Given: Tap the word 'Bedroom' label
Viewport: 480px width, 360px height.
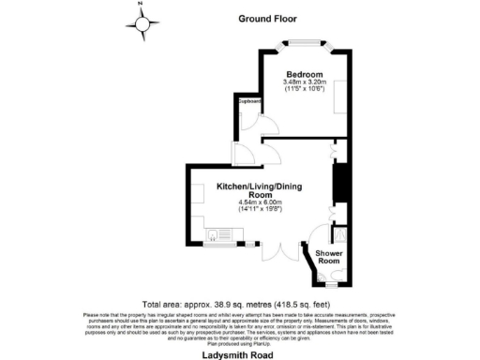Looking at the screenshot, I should coord(306,74).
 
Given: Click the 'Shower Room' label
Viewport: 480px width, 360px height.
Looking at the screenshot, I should coord(328,258).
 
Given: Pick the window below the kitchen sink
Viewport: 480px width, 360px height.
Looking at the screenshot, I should coord(221,246).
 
